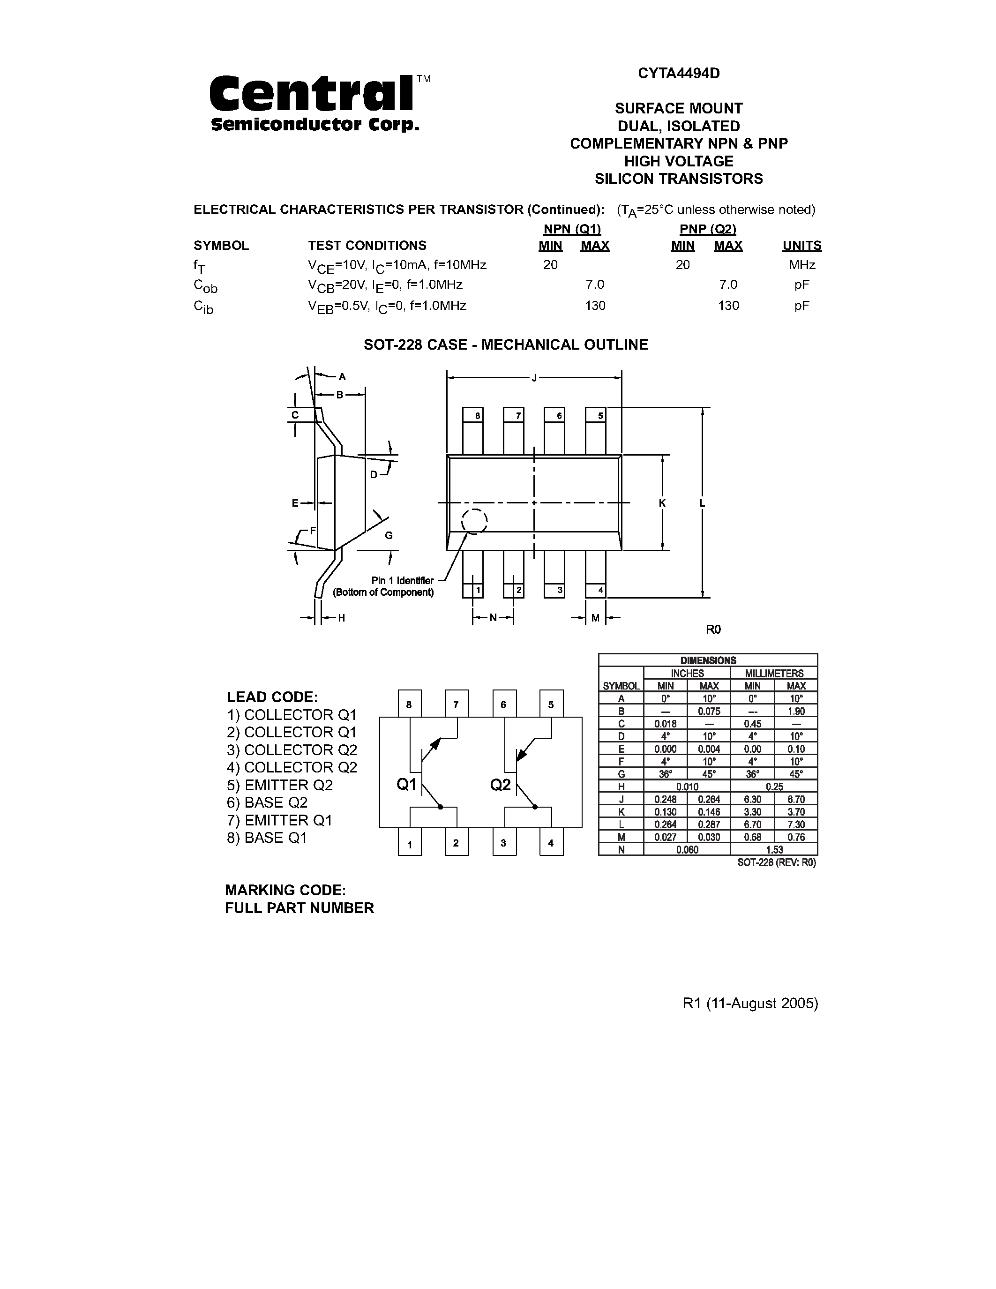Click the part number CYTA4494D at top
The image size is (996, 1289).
coord(679,73)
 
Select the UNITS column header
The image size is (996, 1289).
coord(801,246)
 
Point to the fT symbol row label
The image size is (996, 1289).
coord(200,266)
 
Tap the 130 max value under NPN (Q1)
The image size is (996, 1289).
coord(595,305)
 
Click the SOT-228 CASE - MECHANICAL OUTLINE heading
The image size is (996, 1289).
coord(506,345)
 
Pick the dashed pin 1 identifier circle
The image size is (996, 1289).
coord(474,521)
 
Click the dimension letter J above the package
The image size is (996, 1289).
coord(534,378)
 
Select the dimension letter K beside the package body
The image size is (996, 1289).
coord(662,503)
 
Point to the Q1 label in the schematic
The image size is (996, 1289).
coord(406,784)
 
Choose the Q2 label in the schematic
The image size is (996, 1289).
coord(501,784)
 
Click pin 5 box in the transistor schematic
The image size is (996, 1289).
coord(551,704)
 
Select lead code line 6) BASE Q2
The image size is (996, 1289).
coord(276,802)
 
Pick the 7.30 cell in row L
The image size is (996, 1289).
coord(796,824)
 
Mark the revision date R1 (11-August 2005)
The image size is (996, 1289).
coord(750,1004)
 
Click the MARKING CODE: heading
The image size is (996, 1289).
coord(285,890)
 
